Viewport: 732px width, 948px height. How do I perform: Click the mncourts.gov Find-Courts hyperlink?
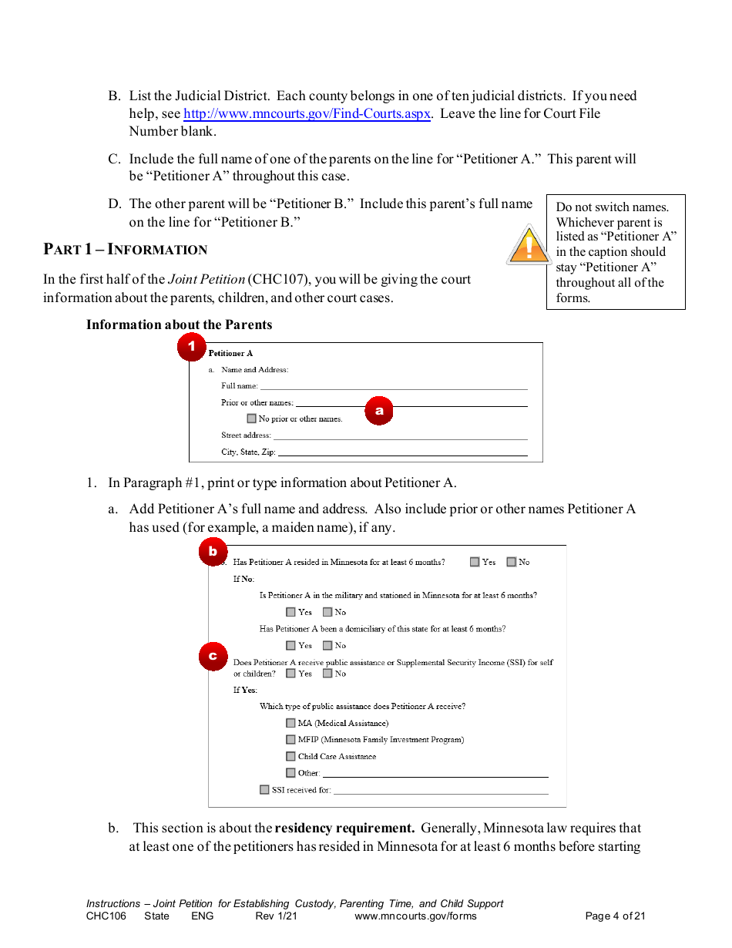pos(307,114)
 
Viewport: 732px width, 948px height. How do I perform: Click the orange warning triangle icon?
pos(529,245)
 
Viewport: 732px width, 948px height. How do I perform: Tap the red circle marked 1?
pos(192,348)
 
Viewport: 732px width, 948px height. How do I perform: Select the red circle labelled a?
pos(379,411)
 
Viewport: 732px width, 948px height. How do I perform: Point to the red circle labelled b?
pos(213,552)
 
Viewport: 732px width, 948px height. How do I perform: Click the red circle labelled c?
pos(213,657)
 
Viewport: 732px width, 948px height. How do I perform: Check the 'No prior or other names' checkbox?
pos(251,419)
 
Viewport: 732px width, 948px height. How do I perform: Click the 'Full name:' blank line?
pos(393,386)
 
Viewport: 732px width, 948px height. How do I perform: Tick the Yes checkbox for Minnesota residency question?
pos(475,562)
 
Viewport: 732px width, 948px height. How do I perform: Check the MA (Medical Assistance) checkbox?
pos(290,723)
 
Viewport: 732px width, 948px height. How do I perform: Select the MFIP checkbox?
pos(290,740)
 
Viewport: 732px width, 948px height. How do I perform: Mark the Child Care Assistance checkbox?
pos(290,757)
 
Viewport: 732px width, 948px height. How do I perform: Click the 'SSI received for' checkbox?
pos(264,790)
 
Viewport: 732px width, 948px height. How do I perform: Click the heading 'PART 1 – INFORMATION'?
pos(125,249)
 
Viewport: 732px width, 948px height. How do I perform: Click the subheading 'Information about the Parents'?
pos(179,324)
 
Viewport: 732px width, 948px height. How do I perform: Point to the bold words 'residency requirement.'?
pos(344,829)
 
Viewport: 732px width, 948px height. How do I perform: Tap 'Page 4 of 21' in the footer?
pos(615,916)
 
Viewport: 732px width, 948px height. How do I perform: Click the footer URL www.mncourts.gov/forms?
pos(415,916)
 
